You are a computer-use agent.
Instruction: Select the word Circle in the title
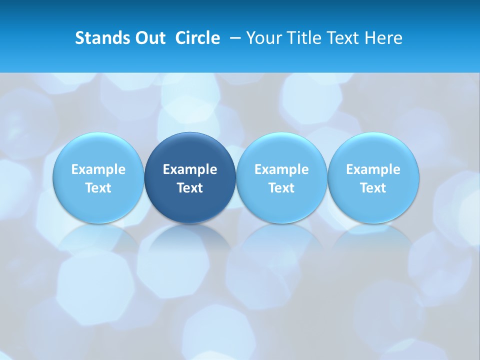coord(197,38)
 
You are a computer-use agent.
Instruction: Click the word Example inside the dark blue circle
coord(190,169)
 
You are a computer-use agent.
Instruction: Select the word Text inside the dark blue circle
coord(190,188)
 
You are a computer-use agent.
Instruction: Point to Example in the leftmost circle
coord(98,169)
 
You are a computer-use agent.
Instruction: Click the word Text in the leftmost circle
coord(98,188)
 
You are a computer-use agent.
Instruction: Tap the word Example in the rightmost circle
coord(373,169)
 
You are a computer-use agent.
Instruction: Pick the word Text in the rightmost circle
coord(373,188)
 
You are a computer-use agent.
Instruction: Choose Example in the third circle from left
coord(281,169)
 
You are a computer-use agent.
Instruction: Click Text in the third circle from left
coord(281,188)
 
